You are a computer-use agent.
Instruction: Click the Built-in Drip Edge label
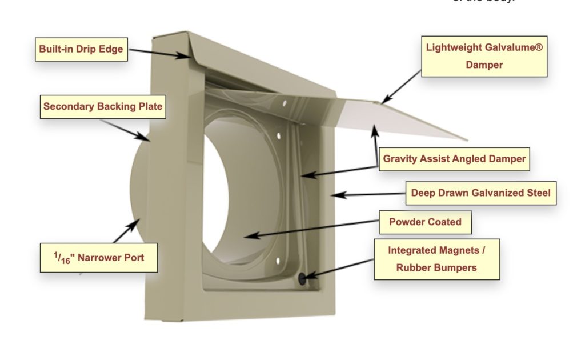point(81,49)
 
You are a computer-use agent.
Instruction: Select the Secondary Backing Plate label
point(103,106)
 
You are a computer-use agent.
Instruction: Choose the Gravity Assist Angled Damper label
point(454,159)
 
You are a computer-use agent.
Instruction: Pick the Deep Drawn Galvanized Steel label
point(480,193)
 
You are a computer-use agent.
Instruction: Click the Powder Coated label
point(425,222)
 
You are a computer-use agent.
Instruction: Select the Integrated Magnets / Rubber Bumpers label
point(436,259)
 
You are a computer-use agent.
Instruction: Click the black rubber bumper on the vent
point(303,278)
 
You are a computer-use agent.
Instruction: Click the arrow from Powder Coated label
point(314,227)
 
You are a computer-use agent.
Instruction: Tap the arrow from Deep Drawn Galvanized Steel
point(371,194)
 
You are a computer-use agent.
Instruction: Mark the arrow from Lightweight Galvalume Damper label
point(403,89)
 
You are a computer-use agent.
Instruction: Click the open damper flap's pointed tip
point(467,140)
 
